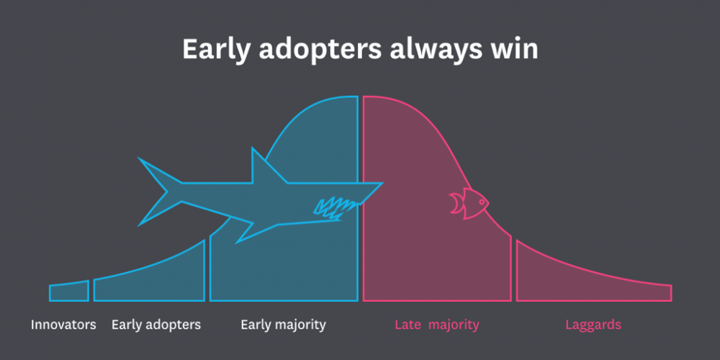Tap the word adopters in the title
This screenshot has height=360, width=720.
click(x=320, y=50)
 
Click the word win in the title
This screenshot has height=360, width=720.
click(x=518, y=49)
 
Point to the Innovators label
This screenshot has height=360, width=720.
click(x=63, y=325)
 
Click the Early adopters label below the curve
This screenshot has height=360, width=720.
click(x=156, y=325)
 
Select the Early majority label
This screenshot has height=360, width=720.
click(x=283, y=325)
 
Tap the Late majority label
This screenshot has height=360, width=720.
click(x=437, y=325)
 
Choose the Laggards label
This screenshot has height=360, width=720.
click(x=593, y=325)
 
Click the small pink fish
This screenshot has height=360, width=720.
click(x=469, y=203)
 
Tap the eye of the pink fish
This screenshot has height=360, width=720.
click(x=481, y=201)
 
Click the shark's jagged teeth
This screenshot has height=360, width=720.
click(x=334, y=208)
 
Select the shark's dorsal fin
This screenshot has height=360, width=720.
click(x=266, y=168)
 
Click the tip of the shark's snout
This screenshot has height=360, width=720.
click(x=382, y=184)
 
